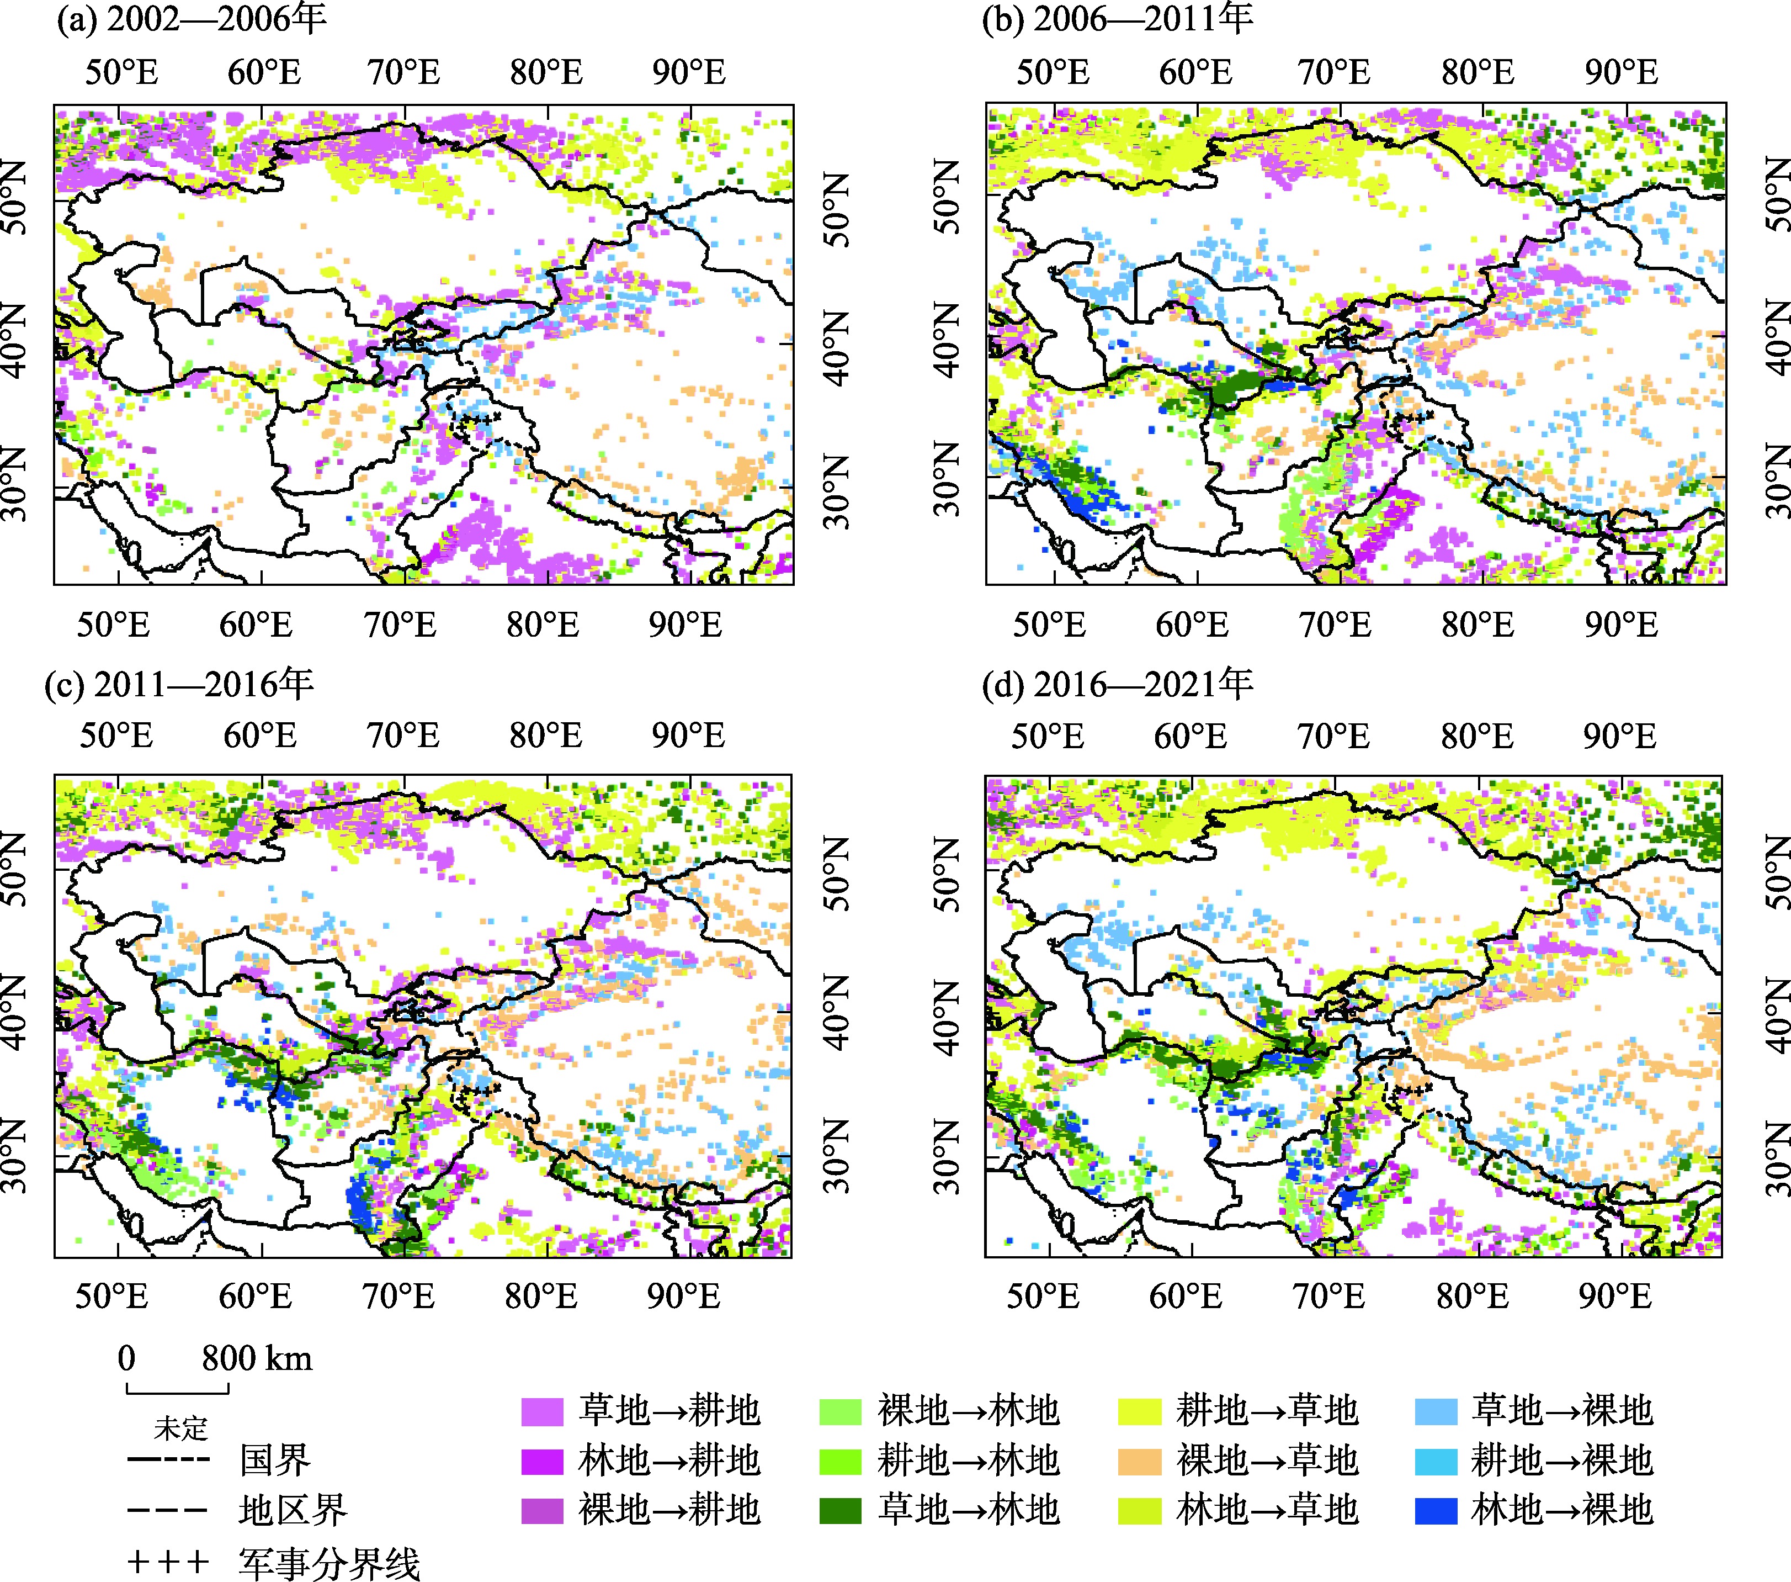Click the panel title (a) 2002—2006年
pyautogui.click(x=191, y=19)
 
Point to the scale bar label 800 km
pyautogui.click(x=257, y=1358)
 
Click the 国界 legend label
pyautogui.click(x=275, y=1460)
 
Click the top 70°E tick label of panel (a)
pyautogui.click(x=403, y=72)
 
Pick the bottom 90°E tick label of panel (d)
pyautogui.click(x=1615, y=1295)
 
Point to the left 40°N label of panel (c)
pyautogui.click(x=18, y=1015)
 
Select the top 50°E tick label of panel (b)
pyautogui.click(x=1053, y=72)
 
